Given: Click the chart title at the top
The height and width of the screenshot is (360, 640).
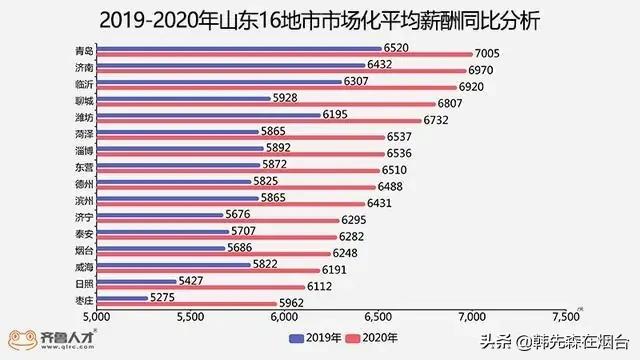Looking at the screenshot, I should [x=320, y=19].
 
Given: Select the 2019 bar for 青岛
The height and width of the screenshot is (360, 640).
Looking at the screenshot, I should [x=240, y=47].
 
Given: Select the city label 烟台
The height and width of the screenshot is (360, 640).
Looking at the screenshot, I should [x=85, y=248].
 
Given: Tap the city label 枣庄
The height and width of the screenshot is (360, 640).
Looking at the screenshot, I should [x=85, y=299].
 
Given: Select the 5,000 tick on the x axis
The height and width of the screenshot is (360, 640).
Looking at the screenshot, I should [x=97, y=317].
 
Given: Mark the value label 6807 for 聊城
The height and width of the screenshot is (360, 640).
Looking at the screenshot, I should [x=452, y=103].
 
